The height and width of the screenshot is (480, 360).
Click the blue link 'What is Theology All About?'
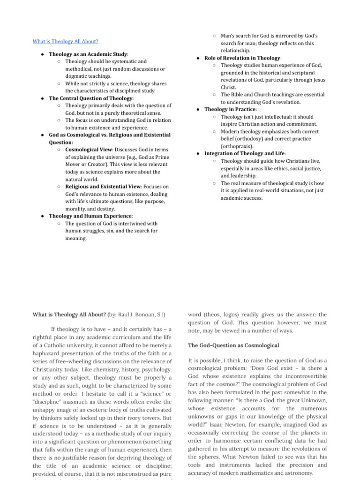65,41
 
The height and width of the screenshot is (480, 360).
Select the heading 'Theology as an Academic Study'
88,54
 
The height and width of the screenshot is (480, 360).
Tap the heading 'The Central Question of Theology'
91,98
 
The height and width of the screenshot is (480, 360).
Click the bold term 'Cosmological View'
88,150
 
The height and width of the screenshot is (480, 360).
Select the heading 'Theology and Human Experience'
90,216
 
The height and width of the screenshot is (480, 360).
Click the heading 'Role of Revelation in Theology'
242,58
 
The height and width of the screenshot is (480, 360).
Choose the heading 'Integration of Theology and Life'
245,153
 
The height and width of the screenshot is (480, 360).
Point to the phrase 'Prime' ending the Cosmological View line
162,157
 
